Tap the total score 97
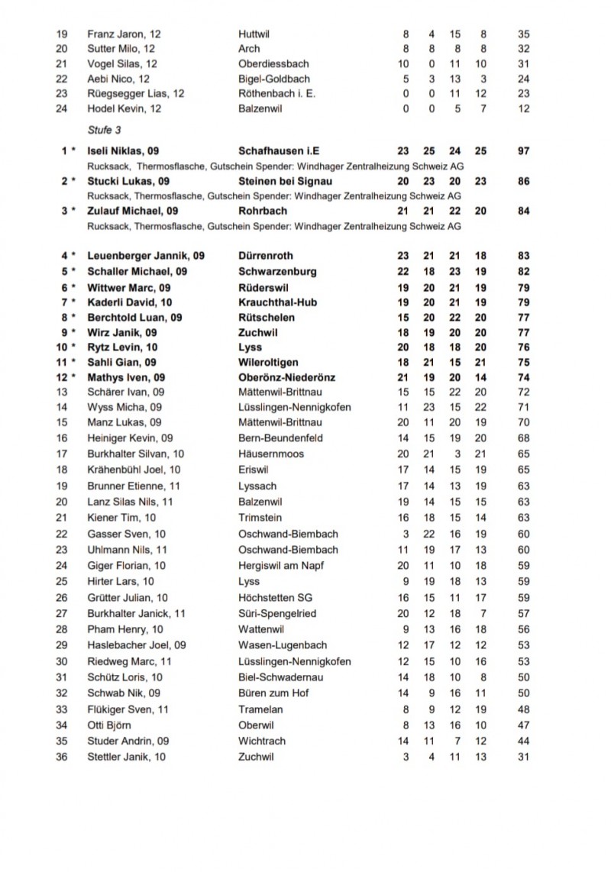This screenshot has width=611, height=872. pos(523,151)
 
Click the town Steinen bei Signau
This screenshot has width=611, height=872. pos(285,182)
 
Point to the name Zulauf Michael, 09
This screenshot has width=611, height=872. pos(133,212)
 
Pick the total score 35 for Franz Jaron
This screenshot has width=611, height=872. pos(523,34)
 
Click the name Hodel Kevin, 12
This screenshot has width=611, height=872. pos(124,109)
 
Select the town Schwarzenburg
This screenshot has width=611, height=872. pos(277,271)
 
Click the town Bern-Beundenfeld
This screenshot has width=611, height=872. pos(280,438)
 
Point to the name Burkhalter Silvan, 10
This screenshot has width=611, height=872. pos(135,454)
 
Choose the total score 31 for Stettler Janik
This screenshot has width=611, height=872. pos(523,757)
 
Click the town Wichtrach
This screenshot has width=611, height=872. pos(262,741)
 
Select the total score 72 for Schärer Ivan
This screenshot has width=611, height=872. pos(523,392)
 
